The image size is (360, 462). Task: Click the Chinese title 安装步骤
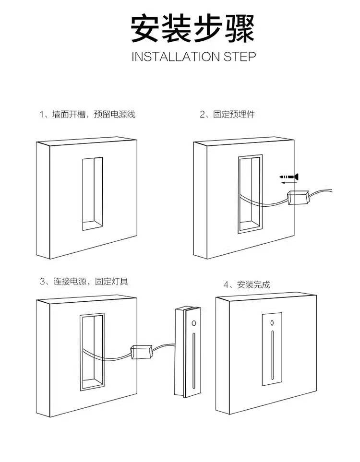point(192,28)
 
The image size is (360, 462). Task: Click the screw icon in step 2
point(290,177)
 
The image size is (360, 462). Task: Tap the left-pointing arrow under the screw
point(288,182)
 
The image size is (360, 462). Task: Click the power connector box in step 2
point(297,198)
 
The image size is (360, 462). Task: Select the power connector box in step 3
point(142,352)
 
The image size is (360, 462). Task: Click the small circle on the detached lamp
point(194,323)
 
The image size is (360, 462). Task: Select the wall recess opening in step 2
point(250,194)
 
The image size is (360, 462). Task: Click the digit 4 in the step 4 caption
point(226,285)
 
